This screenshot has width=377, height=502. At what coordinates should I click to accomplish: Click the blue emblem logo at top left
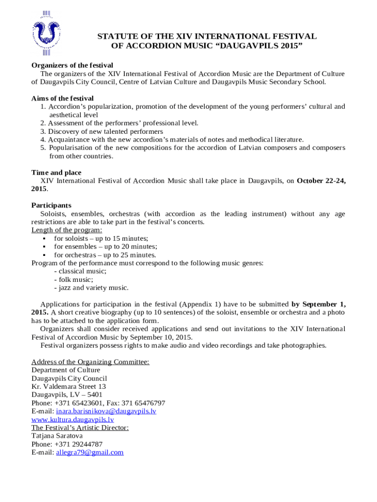point(47,33)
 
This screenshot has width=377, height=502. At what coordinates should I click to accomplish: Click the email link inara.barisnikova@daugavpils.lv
point(106,411)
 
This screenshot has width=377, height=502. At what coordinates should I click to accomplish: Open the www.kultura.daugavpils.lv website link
point(72,420)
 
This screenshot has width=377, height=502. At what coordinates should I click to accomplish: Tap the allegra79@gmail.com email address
point(90,452)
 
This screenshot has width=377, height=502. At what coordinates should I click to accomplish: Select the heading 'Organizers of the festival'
point(72,65)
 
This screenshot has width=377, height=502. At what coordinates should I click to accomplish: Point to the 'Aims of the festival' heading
point(62,98)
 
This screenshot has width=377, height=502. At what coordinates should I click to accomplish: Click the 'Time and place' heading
point(56,173)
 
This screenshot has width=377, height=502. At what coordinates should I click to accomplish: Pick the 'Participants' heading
point(51,205)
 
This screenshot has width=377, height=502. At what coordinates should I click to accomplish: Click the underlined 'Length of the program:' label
point(67,230)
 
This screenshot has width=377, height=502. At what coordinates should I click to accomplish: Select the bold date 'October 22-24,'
point(321,181)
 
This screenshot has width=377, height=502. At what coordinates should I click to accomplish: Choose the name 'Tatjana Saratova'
point(57,436)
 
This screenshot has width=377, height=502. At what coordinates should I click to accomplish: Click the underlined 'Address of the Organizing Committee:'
point(90,362)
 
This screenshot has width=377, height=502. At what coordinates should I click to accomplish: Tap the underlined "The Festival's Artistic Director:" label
point(80,427)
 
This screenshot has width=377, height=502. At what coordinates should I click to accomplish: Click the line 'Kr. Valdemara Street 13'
point(69,386)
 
